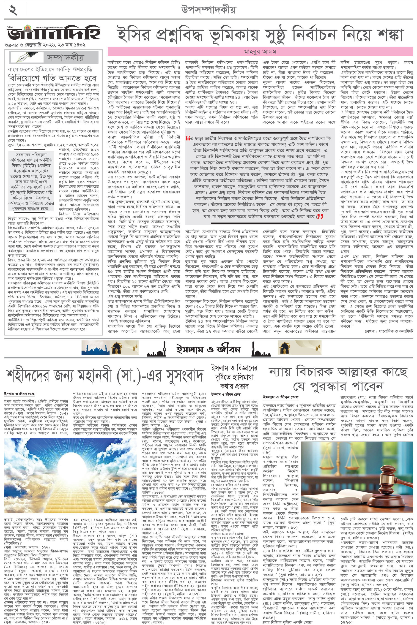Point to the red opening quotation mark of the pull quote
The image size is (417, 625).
(x=188, y=139)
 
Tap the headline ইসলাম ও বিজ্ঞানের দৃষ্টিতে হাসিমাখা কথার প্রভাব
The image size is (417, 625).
(x=234, y=377)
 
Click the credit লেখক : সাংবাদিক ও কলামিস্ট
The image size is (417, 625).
(x=389, y=331)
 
